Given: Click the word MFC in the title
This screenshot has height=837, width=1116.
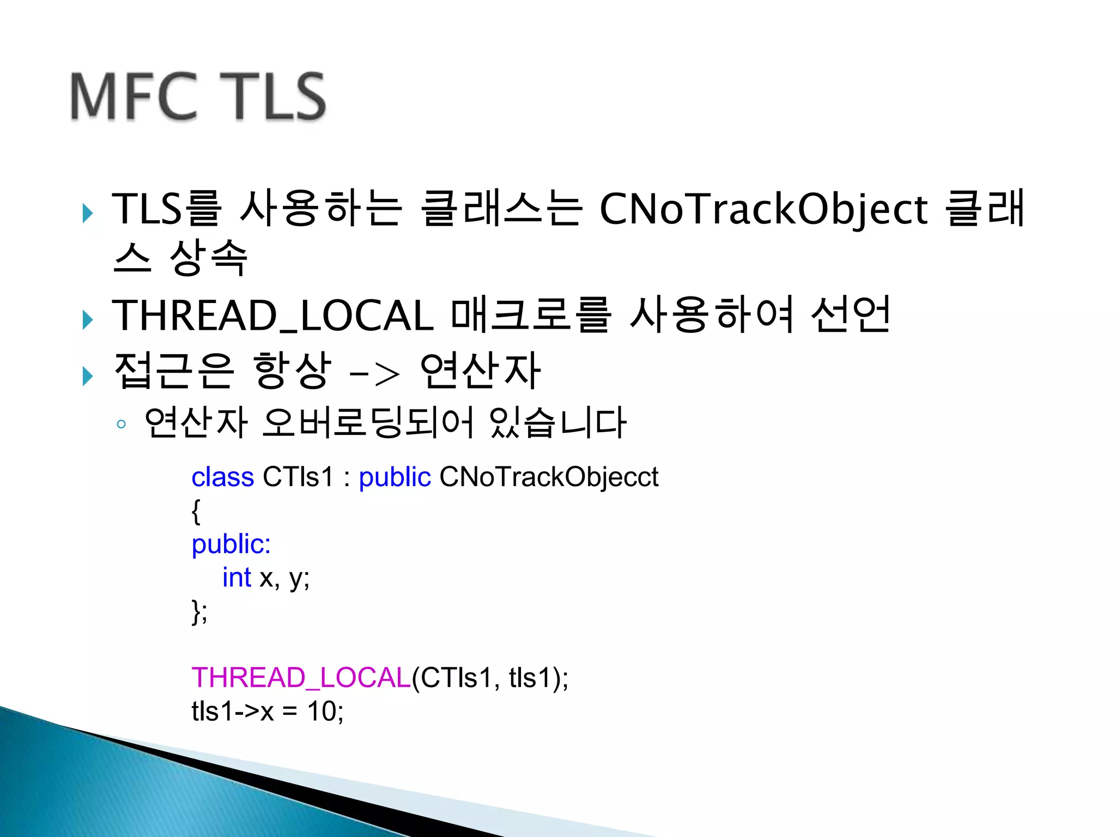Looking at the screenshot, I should click(134, 97).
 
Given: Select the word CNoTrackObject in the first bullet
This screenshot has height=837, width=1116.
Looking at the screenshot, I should click(763, 210).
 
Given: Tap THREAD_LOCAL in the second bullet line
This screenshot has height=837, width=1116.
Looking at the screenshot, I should click(272, 316).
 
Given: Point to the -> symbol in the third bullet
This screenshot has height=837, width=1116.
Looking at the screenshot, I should click(374, 374).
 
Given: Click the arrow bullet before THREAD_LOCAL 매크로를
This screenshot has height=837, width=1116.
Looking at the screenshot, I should click(88, 319).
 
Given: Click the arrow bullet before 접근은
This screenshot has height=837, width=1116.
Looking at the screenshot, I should click(88, 376).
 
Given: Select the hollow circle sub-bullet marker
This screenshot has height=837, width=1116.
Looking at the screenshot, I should click(121, 424).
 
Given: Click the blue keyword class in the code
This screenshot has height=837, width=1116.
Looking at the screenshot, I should click(222, 477).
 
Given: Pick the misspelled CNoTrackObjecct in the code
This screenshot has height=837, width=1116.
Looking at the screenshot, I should click(549, 477).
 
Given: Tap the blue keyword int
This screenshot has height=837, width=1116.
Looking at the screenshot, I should click(236, 578).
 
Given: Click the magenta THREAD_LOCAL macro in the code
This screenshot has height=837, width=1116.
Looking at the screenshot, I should click(301, 678).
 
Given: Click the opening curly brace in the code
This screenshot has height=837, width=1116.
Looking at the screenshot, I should click(196, 511).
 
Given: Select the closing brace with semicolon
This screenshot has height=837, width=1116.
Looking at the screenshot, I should click(199, 611).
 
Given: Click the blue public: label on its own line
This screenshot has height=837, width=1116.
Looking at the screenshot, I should click(231, 544).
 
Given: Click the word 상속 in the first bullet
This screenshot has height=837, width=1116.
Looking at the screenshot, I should click(209, 258).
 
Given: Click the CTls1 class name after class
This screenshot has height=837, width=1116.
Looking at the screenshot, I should click(298, 477).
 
